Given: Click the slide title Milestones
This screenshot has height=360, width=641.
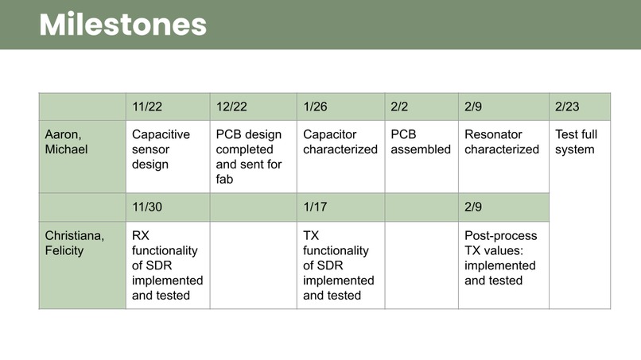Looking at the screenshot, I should click(x=123, y=25).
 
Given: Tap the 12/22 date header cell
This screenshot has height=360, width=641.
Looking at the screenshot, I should click(x=231, y=106).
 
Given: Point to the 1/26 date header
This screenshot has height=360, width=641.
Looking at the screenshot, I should click(x=316, y=106).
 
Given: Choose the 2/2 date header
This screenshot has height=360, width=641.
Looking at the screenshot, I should click(x=399, y=106).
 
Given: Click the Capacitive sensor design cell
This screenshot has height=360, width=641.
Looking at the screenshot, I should click(x=161, y=149).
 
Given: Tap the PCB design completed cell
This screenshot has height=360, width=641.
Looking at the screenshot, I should click(x=249, y=157).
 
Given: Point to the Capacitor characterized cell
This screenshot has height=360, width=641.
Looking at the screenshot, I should click(x=340, y=142).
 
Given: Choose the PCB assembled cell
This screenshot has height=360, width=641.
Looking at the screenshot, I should click(x=421, y=142).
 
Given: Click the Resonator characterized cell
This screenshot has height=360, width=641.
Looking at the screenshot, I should click(x=502, y=142).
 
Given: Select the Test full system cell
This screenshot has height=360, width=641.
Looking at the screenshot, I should click(x=576, y=142).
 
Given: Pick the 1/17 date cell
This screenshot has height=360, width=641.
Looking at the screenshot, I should click(x=316, y=207).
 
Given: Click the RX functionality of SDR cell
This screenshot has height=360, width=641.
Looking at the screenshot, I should click(x=167, y=265).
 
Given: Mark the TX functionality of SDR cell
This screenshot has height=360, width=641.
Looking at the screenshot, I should click(x=338, y=265).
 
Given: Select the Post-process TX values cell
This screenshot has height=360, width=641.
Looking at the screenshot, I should click(x=501, y=258).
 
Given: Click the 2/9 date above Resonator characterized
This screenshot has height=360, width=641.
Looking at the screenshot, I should click(x=473, y=106).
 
